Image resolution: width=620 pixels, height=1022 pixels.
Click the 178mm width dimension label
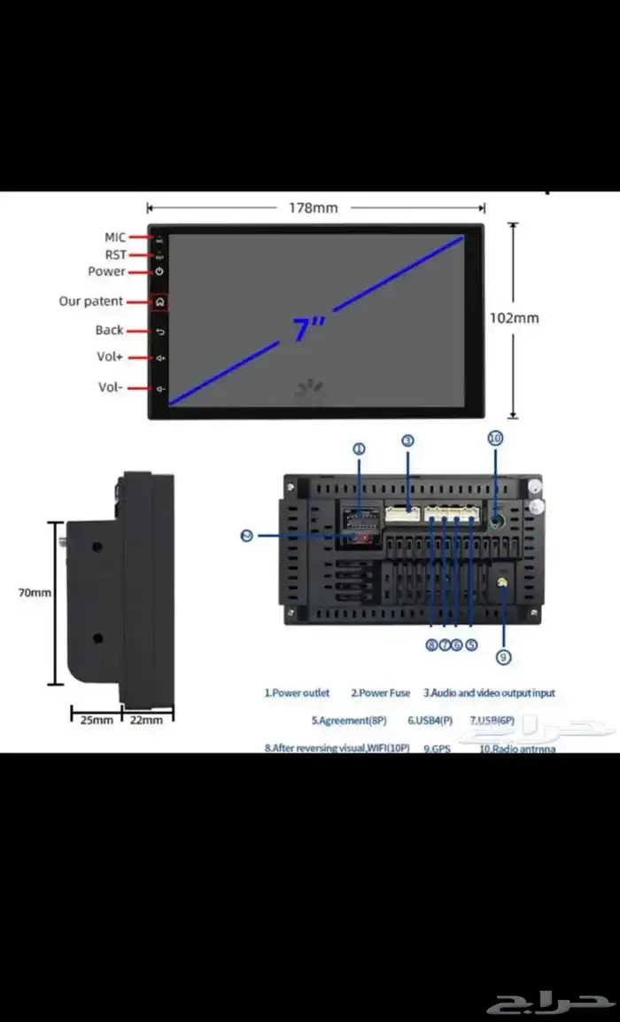click(x=314, y=208)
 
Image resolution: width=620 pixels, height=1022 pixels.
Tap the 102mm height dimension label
click(x=514, y=317)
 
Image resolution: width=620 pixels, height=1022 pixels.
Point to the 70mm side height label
click(x=35, y=592)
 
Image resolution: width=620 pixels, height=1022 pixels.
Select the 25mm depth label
click(x=97, y=720)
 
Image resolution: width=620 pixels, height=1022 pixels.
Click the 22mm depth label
click(x=146, y=720)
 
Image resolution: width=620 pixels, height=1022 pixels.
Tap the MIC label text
click(x=115, y=238)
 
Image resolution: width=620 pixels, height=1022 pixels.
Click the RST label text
click(x=116, y=254)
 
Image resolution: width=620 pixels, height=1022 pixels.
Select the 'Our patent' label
click(x=91, y=301)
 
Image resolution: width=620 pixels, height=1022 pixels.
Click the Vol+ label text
click(x=111, y=357)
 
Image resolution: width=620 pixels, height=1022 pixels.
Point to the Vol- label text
click(x=111, y=387)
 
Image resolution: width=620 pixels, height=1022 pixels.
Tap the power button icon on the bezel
click(x=159, y=271)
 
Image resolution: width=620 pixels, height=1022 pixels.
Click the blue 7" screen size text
click(x=309, y=329)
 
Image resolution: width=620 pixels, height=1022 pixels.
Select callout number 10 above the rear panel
click(x=495, y=438)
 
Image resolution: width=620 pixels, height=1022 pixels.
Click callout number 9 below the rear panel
click(x=503, y=657)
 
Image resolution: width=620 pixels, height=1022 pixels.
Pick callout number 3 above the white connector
click(x=407, y=440)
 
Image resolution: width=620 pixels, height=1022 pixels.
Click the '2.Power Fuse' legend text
click(x=381, y=693)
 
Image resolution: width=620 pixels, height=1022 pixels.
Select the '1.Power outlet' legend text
click(x=297, y=693)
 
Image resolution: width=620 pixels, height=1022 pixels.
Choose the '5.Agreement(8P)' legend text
click(x=349, y=721)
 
